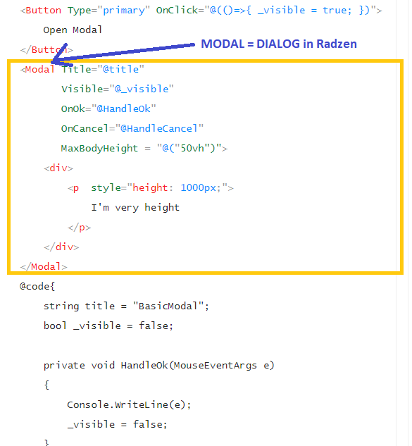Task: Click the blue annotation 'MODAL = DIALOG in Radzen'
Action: [x=279, y=44]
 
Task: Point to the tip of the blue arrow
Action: [x=51, y=62]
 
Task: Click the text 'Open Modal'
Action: [x=73, y=30]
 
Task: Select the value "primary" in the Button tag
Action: [x=124, y=11]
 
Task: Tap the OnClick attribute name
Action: [x=177, y=11]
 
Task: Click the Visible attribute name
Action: [x=82, y=89]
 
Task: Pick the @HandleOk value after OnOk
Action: [x=124, y=109]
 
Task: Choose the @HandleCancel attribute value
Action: [x=159, y=128]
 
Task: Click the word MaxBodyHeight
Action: [x=99, y=148]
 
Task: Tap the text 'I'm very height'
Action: [x=135, y=208]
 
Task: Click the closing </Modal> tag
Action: [x=44, y=267]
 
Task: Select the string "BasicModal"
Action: [x=168, y=306]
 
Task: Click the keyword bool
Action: [x=55, y=326]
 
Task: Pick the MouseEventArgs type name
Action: [x=216, y=365]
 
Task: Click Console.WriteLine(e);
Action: [x=129, y=404]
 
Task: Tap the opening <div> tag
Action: [x=58, y=168]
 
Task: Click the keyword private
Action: [x=64, y=366]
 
